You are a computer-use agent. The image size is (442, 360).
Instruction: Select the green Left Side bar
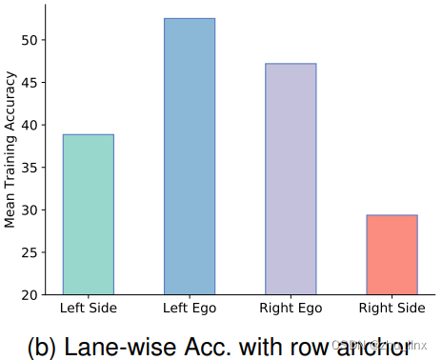(88, 214)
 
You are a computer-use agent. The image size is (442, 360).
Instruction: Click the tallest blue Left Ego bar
(190, 156)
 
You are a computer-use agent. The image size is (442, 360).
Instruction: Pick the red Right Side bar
(392, 254)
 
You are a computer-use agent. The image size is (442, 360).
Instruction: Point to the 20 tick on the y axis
(30, 294)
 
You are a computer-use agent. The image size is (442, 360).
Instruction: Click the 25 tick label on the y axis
(30, 252)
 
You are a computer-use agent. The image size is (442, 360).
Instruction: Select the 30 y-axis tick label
(30, 210)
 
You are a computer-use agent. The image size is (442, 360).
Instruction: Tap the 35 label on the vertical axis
(30, 168)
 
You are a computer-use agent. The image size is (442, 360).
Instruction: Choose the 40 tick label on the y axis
(30, 125)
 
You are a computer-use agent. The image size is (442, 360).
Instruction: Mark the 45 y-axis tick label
(30, 83)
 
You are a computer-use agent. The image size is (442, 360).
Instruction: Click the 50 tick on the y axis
(30, 40)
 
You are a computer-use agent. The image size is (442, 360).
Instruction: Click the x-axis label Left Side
(88, 308)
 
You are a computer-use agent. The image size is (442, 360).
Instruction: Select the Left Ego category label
(190, 308)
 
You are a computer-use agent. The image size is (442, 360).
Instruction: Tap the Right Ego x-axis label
(291, 308)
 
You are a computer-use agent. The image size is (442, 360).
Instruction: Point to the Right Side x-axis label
(392, 308)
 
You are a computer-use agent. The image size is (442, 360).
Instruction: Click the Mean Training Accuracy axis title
(10, 156)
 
